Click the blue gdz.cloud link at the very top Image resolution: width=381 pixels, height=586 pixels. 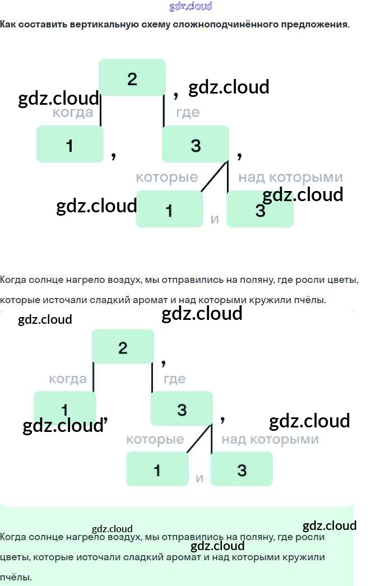190,7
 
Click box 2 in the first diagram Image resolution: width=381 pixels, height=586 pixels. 132,78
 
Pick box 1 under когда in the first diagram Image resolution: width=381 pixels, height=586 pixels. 70,145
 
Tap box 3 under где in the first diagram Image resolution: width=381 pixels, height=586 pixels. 196,145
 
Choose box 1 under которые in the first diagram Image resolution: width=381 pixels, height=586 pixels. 169,210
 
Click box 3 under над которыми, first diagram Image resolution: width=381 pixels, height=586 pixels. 260,210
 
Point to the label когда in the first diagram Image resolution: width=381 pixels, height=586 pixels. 73,113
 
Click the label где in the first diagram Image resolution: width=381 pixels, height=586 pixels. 188,113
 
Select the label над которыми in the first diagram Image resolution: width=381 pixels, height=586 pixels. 290,178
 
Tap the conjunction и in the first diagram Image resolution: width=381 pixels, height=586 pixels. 215,219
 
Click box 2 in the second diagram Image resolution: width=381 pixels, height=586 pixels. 123,347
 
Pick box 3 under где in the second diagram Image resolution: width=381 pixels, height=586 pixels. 182,409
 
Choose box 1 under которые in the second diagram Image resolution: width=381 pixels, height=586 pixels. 157,469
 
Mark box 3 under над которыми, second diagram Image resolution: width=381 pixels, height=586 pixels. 241,469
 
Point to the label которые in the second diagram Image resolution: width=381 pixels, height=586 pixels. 155,439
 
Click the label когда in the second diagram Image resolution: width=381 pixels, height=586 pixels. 68,379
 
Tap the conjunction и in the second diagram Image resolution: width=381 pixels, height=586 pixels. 199,478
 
